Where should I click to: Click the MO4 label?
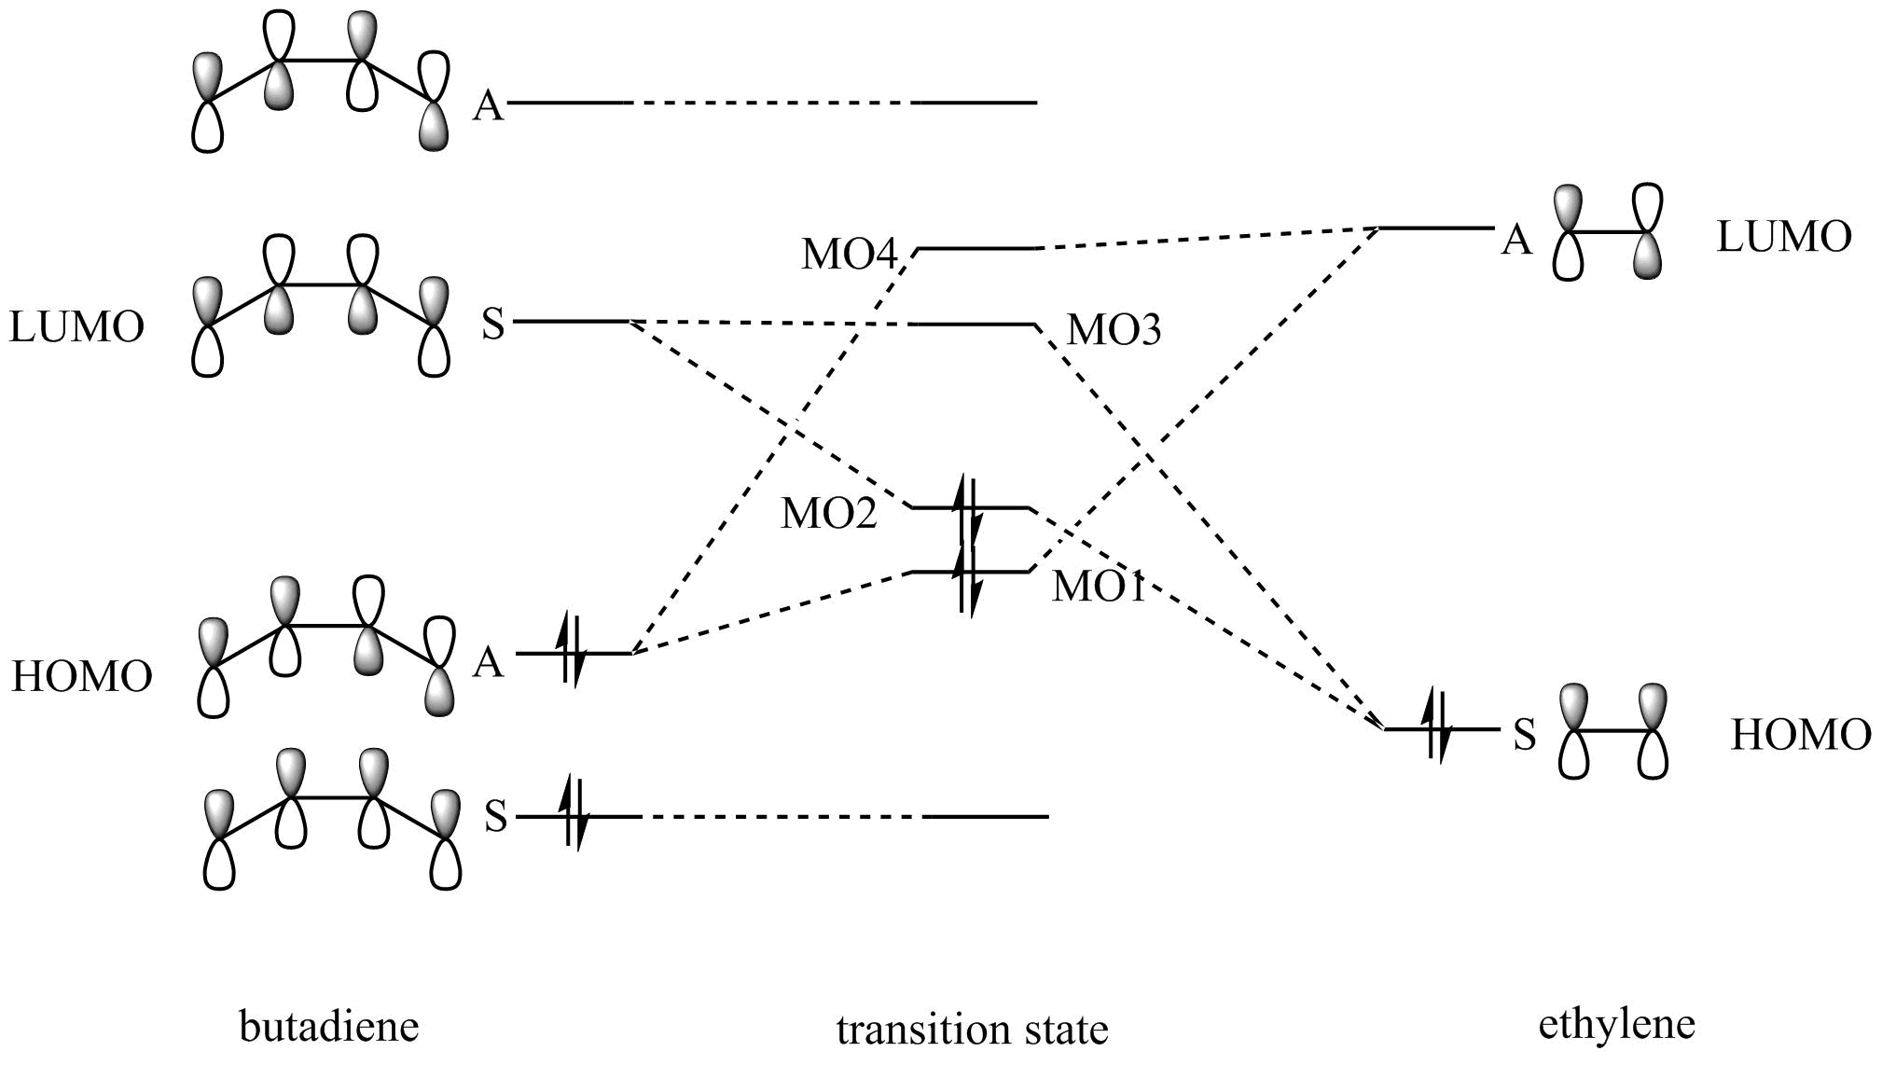(849, 255)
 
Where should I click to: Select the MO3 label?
(1114, 330)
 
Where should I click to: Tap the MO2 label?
(828, 513)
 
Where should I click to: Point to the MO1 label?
(1098, 587)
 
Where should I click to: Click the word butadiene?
(329, 1027)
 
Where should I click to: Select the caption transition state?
(972, 1030)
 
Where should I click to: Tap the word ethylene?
(1616, 1024)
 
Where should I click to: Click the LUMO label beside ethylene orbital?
(1783, 237)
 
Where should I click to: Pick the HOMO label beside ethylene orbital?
(1801, 735)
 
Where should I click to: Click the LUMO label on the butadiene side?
(76, 327)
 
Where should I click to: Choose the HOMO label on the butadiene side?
(81, 676)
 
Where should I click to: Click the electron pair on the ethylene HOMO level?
(1436, 726)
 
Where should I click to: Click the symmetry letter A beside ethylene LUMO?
(1516, 242)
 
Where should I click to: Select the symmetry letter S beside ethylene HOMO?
(1524, 735)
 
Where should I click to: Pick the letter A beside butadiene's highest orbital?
(488, 106)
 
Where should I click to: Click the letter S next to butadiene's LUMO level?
(493, 325)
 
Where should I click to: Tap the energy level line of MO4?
(976, 249)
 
